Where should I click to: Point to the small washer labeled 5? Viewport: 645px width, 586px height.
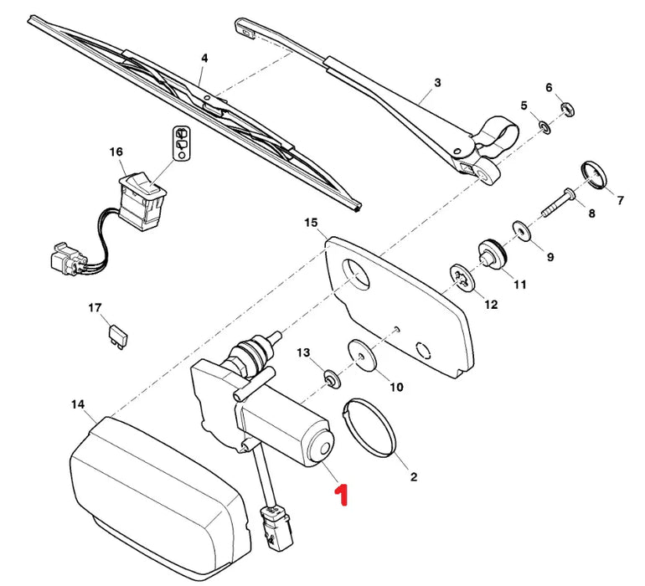(543, 127)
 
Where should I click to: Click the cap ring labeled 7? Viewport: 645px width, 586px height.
(593, 175)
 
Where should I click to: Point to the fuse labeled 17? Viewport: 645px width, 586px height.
(112, 335)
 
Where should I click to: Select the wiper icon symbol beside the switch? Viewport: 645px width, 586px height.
(182, 142)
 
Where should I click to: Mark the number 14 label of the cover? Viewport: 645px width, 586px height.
(78, 404)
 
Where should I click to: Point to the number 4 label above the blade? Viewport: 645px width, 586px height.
(204, 58)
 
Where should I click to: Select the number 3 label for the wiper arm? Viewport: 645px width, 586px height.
(436, 83)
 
